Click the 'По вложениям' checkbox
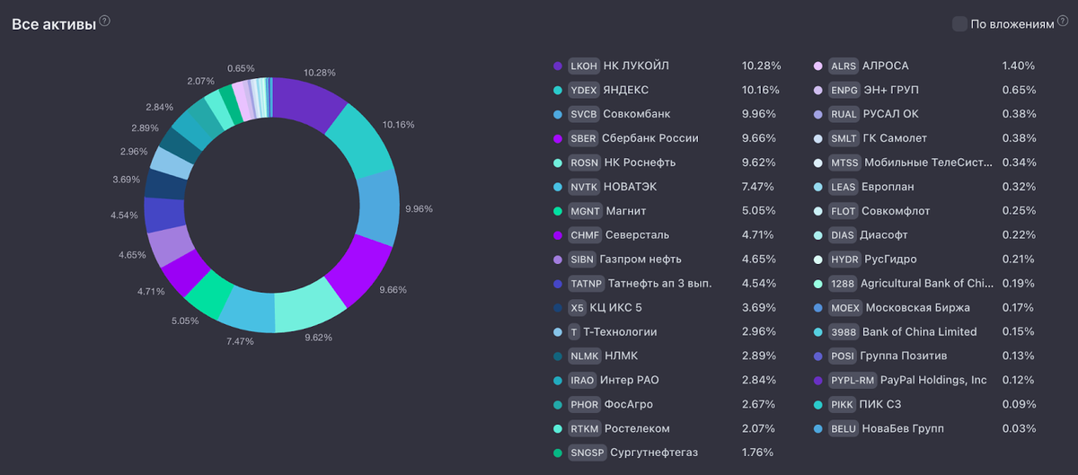pos(959,24)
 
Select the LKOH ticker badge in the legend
pos(584,66)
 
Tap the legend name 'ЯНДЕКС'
pos(626,90)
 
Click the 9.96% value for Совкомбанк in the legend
pos(761,114)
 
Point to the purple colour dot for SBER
pos(558,138)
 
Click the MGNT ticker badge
pos(585,211)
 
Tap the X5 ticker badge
pos(578,308)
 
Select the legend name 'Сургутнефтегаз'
pos(654,453)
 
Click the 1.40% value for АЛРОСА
pos(1019,66)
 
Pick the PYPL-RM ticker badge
pos(852,380)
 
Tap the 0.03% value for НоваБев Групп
pos(1019,428)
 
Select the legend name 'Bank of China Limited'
pos(919,332)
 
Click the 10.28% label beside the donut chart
pos(320,73)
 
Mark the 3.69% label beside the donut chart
pos(126,180)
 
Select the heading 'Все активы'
pos(53,24)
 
